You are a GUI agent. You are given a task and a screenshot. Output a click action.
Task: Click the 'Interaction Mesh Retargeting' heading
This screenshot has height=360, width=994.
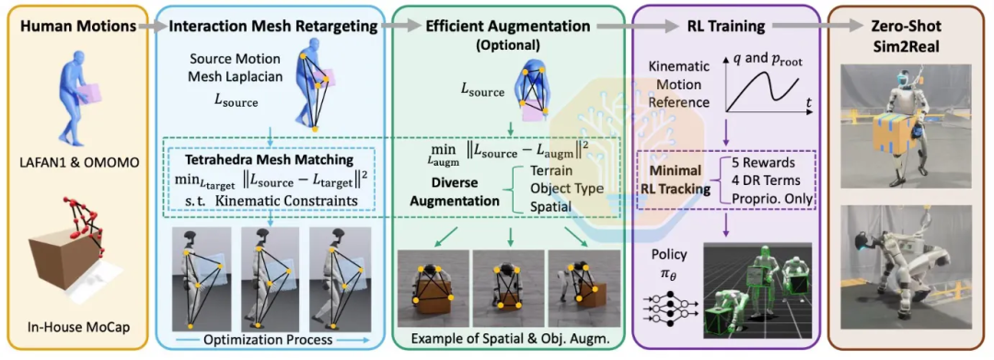tap(274, 28)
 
